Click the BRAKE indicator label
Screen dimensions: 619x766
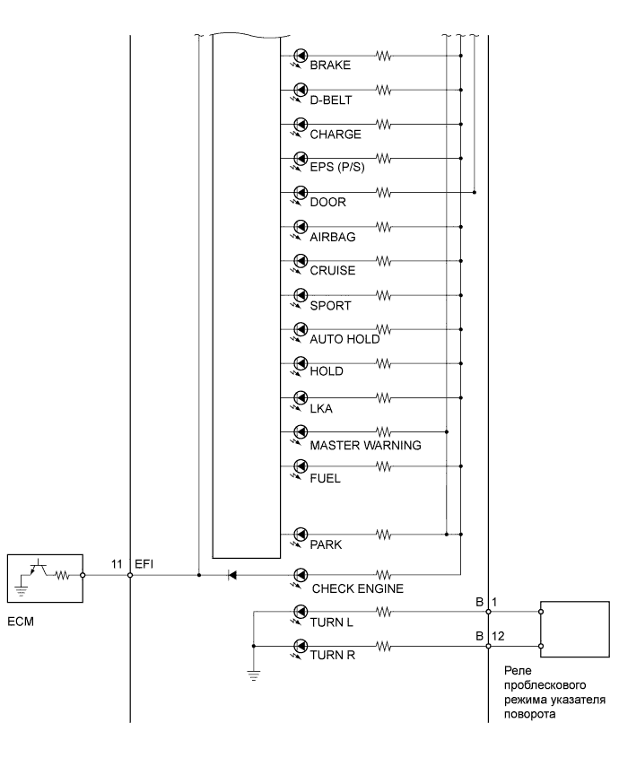(x=330, y=65)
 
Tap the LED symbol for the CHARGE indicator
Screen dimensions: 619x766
(x=300, y=125)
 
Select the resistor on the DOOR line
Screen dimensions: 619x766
(x=384, y=193)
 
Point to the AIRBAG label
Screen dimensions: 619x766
(x=332, y=237)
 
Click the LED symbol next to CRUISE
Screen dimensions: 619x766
(x=300, y=261)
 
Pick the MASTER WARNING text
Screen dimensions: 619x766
(x=365, y=445)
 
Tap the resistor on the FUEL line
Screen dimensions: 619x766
(x=384, y=466)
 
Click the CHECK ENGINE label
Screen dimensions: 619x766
(x=358, y=588)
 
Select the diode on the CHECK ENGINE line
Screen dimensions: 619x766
(x=232, y=575)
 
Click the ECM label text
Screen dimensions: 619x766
(x=21, y=622)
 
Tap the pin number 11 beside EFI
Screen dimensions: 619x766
(x=117, y=564)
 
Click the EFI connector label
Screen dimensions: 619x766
(x=144, y=564)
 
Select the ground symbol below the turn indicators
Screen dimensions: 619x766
(x=254, y=675)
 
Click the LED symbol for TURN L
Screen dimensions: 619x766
(x=300, y=612)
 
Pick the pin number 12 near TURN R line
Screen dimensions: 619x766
(x=498, y=636)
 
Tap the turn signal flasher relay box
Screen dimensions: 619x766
(x=574, y=630)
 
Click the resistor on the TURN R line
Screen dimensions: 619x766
(x=384, y=647)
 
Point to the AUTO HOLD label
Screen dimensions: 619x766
(x=344, y=339)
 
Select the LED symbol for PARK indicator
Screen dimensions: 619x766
(x=300, y=535)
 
